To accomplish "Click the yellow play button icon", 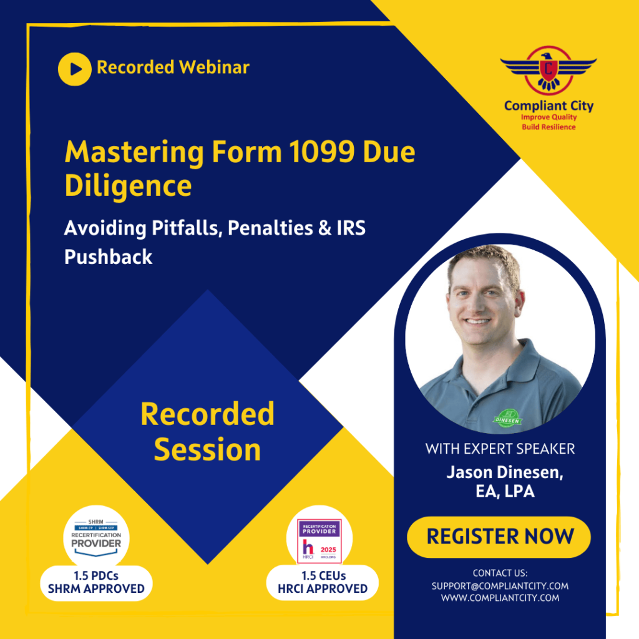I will (75, 69).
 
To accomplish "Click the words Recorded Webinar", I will (173, 67).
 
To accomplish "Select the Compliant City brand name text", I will (549, 105).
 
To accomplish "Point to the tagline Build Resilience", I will (549, 127).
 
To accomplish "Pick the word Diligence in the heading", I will (128, 186).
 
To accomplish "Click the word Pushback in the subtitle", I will (108, 256).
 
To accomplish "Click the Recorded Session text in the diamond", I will (207, 431).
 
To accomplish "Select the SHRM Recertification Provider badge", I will (96, 535).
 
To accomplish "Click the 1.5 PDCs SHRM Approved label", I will (96, 582).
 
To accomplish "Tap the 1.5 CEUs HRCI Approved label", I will (323, 582).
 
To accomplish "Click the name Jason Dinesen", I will (504, 472).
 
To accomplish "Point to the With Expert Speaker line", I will (500, 448).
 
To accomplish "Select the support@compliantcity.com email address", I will (500, 586).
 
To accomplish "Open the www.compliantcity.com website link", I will (500, 598).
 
